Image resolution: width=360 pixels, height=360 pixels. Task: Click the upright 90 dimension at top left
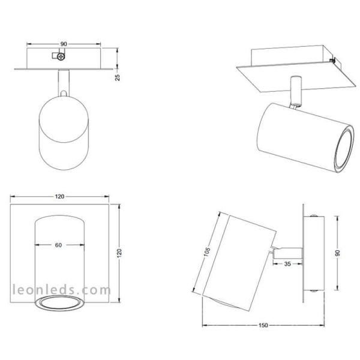pos(63,43)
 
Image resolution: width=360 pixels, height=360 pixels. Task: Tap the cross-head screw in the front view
pos(61,56)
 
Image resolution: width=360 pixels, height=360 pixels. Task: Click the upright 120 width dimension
pos(59,196)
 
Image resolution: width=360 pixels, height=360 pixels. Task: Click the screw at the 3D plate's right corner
pos(334,61)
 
